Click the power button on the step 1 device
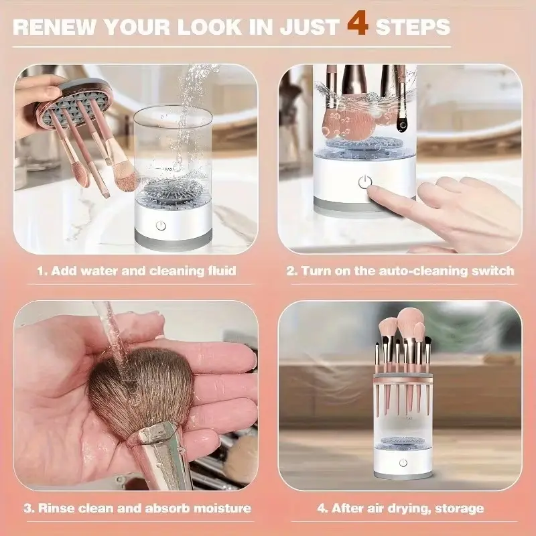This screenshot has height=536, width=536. click(160, 226)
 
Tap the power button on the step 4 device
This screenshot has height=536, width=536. click(403, 463)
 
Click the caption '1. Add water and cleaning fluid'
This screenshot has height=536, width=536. click(136, 271)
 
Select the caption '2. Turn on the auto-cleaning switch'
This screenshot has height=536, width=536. click(400, 271)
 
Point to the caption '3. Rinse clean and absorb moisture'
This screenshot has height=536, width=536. click(137, 509)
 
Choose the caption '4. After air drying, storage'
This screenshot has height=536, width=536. click(400, 509)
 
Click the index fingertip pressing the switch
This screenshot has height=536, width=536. click(375, 194)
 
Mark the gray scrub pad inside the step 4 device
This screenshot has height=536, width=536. click(403, 440)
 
